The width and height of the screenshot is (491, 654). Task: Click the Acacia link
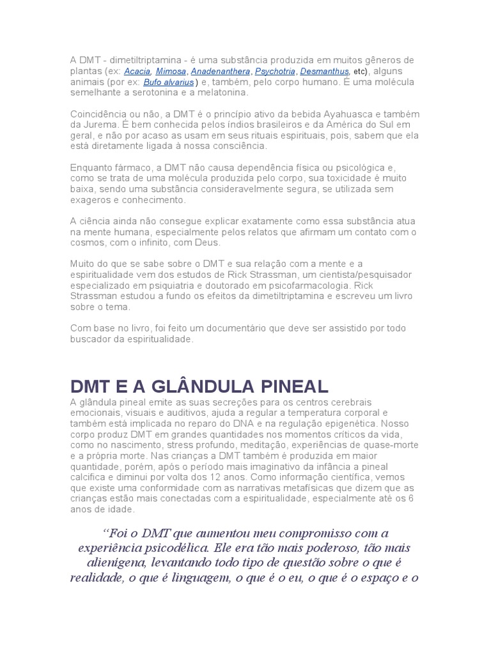pos(137,72)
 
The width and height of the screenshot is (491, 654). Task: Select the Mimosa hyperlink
pos(171,72)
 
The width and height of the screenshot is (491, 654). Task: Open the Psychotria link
pos(276,72)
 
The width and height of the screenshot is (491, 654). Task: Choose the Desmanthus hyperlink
pos(324,72)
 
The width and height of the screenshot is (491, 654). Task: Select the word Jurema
pos(102,125)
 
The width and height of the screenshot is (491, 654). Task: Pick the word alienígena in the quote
pos(116,563)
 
